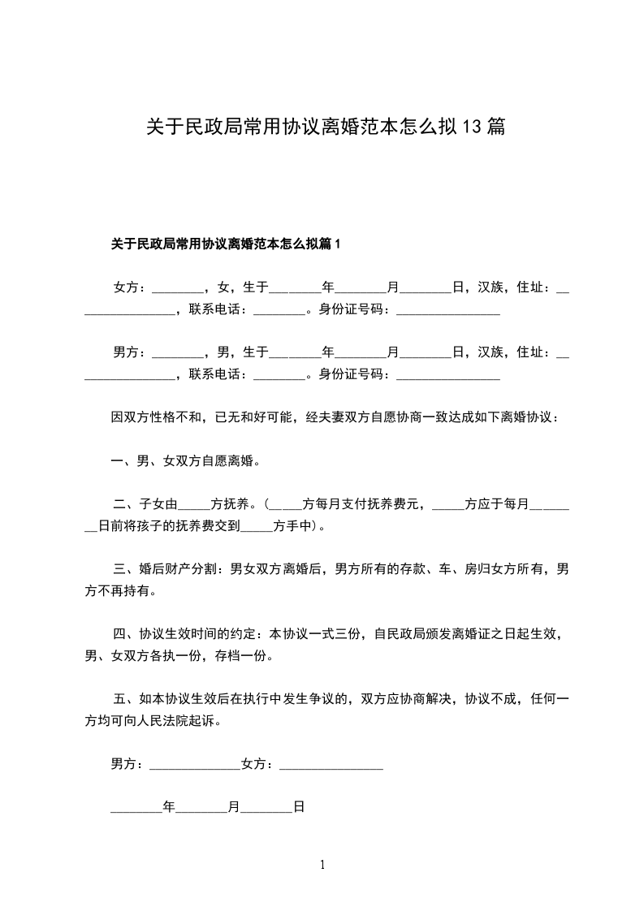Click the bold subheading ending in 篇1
coord(227,243)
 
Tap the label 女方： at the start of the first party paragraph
coord(131,287)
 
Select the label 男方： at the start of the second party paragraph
coord(131,352)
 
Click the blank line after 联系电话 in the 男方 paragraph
coord(279,374)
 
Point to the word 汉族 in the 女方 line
coord(490,287)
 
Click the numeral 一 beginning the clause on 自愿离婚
coord(117,461)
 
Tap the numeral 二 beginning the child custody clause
coord(119,503)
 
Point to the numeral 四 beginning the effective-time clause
coord(119,633)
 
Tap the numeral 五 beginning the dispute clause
coord(119,698)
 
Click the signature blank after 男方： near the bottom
coord(195,764)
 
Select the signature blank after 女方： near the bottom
coord(331,764)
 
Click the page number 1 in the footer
coord(322,865)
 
